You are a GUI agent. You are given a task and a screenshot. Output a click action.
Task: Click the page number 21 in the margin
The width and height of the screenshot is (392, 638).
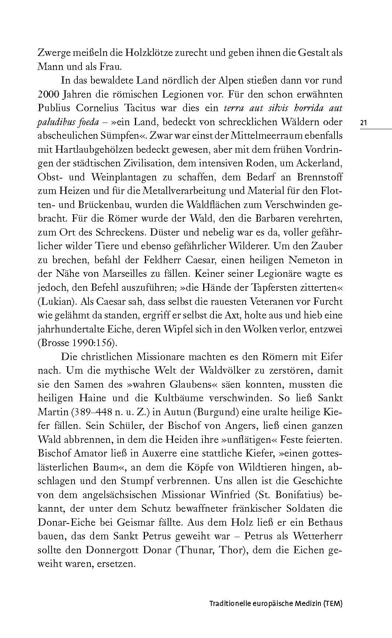[364, 123]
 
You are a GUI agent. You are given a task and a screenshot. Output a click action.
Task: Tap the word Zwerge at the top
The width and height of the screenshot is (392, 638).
[53, 53]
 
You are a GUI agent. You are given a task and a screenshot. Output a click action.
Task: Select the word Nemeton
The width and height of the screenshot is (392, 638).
[310, 260]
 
